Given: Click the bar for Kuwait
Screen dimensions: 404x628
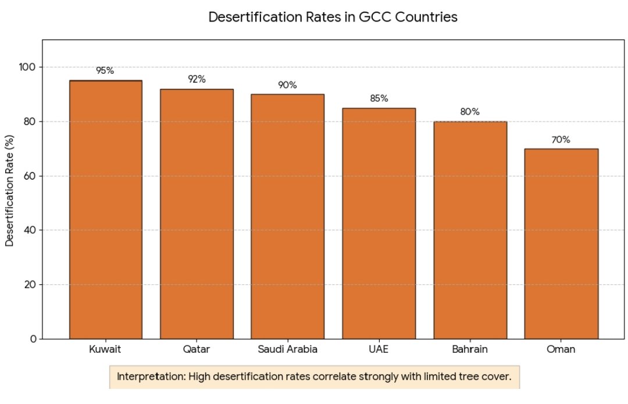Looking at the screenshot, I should [x=105, y=209].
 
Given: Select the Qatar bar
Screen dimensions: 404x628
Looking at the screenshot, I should [x=197, y=213].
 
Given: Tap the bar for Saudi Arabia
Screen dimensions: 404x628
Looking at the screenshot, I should [x=287, y=216].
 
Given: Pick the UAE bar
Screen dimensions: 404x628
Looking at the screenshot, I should [x=379, y=223].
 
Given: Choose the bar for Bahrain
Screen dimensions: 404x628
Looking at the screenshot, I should [x=470, y=230].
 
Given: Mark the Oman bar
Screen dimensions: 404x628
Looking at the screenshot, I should [x=561, y=244].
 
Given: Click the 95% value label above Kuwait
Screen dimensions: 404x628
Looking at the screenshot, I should [x=105, y=71].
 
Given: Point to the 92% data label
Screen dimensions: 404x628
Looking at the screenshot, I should [x=197, y=79].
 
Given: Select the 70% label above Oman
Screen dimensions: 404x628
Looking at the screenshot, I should [x=561, y=140].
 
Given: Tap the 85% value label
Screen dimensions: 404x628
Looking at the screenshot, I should [x=379, y=99].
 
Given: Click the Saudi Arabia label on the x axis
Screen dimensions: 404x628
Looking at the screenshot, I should [x=287, y=350].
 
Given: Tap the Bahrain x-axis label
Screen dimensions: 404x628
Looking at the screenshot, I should [x=470, y=350].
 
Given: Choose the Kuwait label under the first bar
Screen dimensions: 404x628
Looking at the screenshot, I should [x=105, y=350].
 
